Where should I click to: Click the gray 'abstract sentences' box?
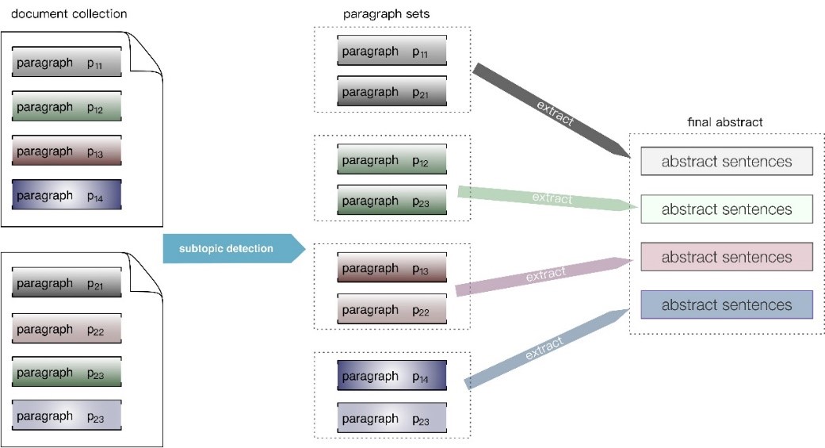727,162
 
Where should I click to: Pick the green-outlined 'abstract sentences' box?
727,209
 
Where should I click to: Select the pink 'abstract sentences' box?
727,257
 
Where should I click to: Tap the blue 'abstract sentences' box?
727,304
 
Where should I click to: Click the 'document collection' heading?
69,14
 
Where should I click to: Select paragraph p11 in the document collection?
67,63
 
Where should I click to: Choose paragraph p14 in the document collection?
67,195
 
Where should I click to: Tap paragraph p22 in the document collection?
67,328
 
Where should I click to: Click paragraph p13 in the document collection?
67,151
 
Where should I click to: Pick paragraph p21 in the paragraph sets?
392,92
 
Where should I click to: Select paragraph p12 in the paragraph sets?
392,161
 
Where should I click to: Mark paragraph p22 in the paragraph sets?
392,308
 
